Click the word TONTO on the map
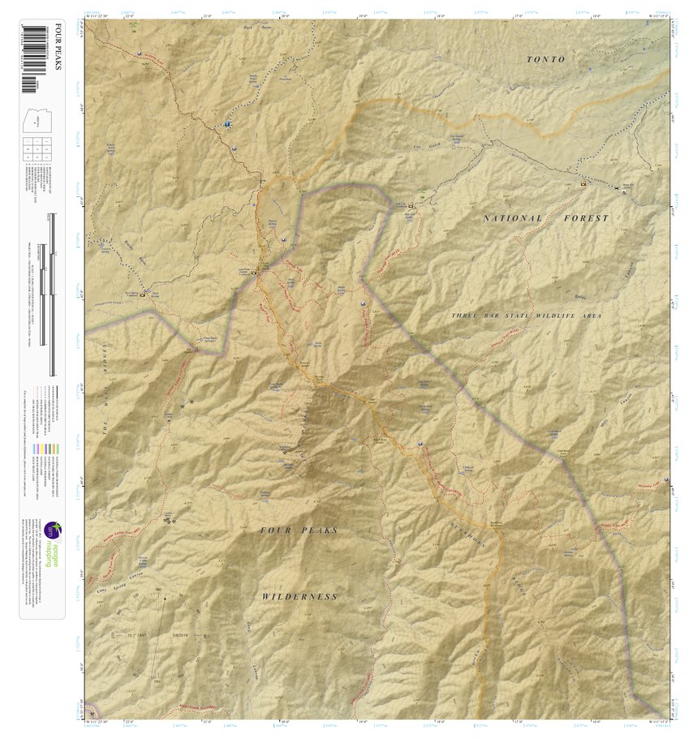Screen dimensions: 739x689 tap(545, 59)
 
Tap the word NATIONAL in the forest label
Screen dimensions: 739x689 tap(512, 218)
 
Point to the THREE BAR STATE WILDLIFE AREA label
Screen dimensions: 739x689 tap(527, 315)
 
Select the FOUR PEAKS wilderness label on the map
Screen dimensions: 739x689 tap(298, 530)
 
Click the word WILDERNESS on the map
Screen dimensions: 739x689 tap(299, 596)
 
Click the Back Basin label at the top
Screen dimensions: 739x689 tap(255, 27)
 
